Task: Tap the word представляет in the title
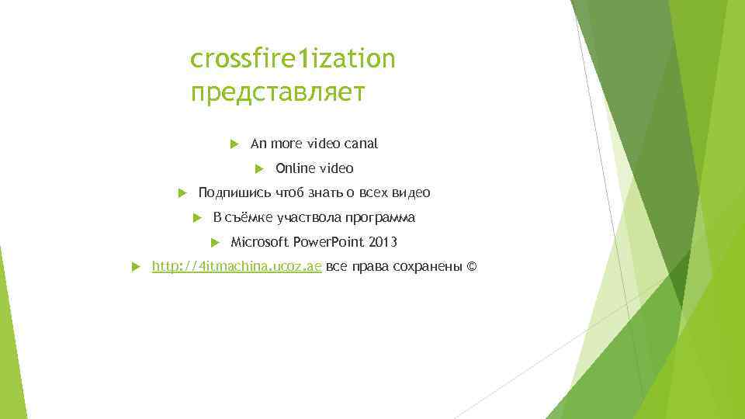point(277,93)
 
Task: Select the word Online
point(292,168)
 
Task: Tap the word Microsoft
point(259,243)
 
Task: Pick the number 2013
point(383,243)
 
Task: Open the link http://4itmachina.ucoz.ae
point(237,268)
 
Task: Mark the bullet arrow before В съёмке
point(197,218)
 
